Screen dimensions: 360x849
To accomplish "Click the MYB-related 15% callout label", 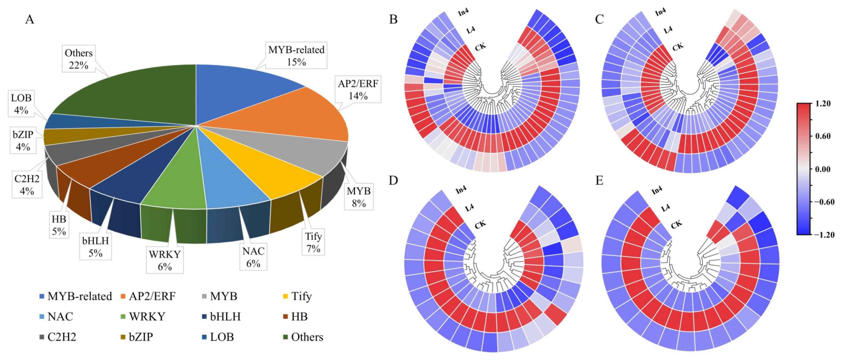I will (296, 56).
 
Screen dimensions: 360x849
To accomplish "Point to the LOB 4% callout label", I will (21, 104).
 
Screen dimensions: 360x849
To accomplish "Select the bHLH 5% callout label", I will (96, 247).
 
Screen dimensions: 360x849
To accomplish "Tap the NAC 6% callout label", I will (253, 257).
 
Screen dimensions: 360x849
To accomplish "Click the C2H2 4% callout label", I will (27, 185).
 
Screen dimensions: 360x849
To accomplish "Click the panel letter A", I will (30, 20).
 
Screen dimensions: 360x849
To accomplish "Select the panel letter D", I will (393, 180).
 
